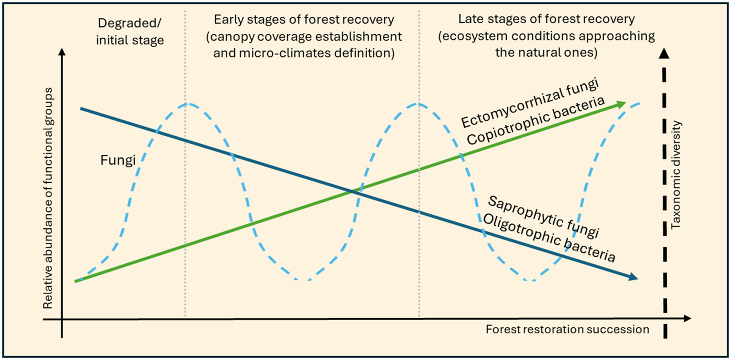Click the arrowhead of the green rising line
click(621, 105)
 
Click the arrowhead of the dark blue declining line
click(633, 278)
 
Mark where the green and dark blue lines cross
click(352, 191)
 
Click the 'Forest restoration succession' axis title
click(567, 330)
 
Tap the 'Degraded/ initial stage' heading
click(130, 31)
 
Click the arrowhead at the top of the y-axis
click(62, 51)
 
